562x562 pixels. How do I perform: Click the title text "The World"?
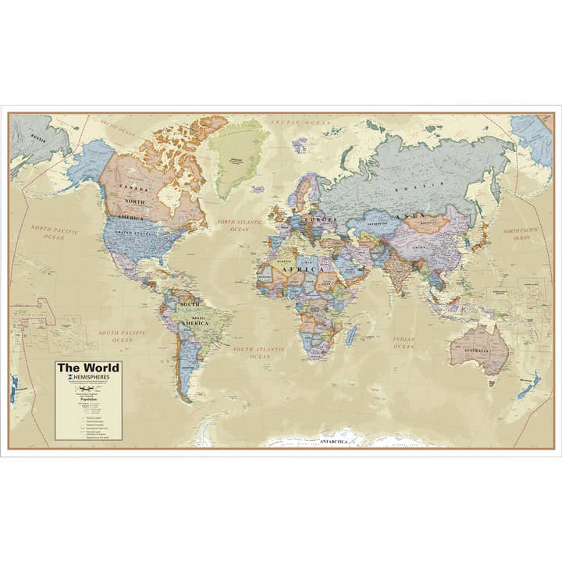(87, 368)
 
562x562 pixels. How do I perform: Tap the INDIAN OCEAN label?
(404, 343)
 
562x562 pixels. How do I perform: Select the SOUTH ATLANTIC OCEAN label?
(260, 352)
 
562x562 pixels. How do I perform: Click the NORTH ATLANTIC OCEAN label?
(233, 226)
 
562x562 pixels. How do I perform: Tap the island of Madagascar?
(351, 335)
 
